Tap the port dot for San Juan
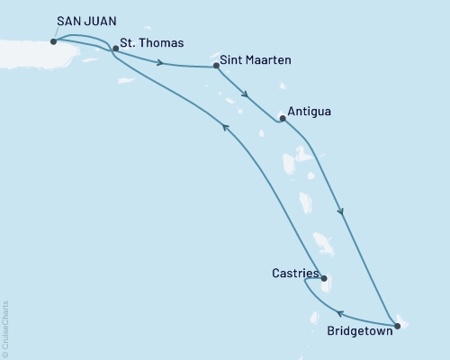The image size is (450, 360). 55,40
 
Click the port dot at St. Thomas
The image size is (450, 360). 115,50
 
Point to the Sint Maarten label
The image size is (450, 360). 255,65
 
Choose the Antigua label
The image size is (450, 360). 309,112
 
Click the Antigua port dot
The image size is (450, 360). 283,117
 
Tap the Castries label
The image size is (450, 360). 293,272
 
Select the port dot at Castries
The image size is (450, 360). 324,278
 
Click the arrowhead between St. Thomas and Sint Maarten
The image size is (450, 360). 160,62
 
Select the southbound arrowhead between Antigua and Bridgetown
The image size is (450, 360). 341,212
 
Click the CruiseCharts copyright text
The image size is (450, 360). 5,329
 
